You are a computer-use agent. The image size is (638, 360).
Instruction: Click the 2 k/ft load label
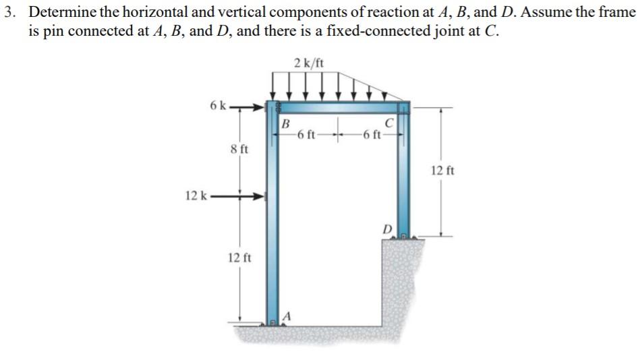click(x=309, y=63)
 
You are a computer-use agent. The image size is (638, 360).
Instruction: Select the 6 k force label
click(x=219, y=106)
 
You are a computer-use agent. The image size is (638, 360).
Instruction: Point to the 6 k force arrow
click(x=248, y=107)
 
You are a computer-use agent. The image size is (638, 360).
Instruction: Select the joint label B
click(x=285, y=124)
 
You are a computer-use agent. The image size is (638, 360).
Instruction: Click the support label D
click(x=386, y=229)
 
